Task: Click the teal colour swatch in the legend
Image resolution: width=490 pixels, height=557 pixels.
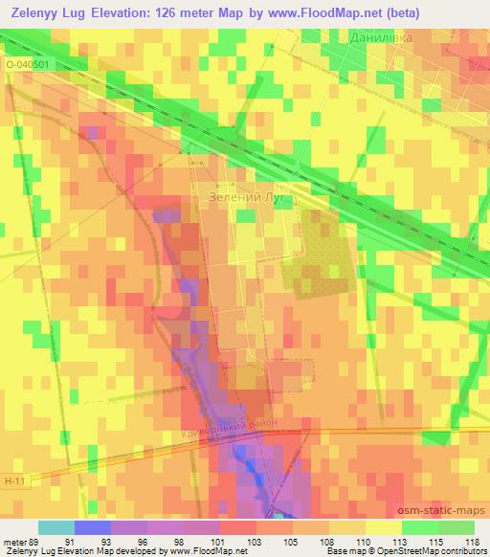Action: (56, 527)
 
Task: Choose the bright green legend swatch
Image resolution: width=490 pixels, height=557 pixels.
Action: (420, 527)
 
